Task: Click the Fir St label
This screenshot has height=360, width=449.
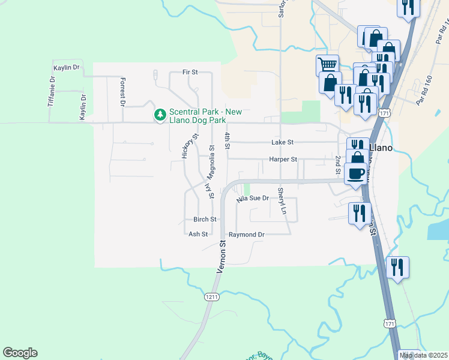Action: pos(190,72)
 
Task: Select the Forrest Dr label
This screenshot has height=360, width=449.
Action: pos(122,92)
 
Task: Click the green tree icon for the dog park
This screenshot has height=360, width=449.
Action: pos(160,114)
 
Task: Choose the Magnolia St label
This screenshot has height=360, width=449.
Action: pos(211,162)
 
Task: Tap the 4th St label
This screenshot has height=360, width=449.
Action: pos(228,142)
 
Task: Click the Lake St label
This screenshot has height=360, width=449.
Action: pos(282,142)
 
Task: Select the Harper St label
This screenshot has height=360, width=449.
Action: pos(283,160)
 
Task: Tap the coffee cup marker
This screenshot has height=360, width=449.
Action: pos(355,173)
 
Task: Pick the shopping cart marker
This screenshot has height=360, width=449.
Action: pos(327,64)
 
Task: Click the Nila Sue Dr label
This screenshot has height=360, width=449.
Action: pos(252,197)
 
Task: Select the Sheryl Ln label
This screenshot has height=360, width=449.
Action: pos(280,202)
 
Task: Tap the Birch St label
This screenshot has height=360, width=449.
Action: pos(204,220)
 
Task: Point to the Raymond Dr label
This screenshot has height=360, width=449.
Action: pos(246,235)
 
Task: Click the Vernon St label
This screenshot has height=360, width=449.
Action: pos(221,257)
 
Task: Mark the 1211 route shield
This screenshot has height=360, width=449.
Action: pos(211,296)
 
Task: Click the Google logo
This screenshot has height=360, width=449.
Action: pos(20,353)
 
